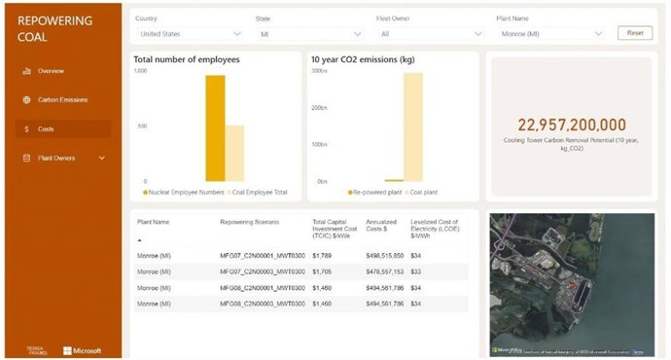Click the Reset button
coord(635,33)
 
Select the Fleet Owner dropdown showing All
coord(429,34)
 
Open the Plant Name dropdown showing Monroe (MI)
coord(549,34)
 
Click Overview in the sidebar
coord(52,71)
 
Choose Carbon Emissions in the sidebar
coord(62,99)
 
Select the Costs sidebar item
coord(46,128)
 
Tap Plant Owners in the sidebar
coord(56,158)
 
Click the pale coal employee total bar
coord(234,153)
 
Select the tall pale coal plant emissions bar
coord(413,127)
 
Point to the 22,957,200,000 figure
coord(572,125)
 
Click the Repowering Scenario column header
coord(251,222)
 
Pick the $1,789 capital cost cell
coord(322,255)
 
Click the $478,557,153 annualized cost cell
coord(385,271)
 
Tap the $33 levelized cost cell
coord(416,271)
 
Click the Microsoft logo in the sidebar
coord(82,350)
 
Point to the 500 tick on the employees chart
coord(141,126)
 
